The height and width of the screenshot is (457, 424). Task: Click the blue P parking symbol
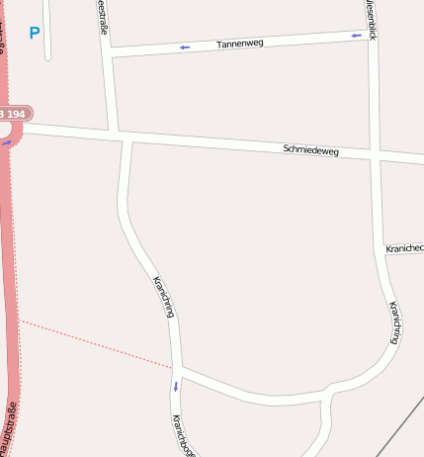click(x=35, y=33)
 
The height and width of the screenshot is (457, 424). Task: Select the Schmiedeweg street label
click(x=310, y=150)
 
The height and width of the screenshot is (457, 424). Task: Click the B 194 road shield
click(x=13, y=114)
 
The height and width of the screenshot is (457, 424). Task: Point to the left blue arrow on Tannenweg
click(x=184, y=46)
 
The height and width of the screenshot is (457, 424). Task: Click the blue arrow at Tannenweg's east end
click(x=356, y=35)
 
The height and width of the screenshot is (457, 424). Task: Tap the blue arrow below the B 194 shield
click(x=7, y=142)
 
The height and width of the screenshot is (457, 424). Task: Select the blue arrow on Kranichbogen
click(x=176, y=385)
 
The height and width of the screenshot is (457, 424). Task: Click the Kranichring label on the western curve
click(x=164, y=297)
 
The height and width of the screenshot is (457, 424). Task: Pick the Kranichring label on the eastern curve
click(x=394, y=322)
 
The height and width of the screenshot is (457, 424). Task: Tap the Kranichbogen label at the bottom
click(x=184, y=436)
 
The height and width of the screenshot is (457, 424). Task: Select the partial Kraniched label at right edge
click(x=404, y=247)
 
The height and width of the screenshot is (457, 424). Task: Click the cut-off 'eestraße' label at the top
click(x=103, y=17)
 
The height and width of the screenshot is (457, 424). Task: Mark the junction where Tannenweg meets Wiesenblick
click(x=371, y=34)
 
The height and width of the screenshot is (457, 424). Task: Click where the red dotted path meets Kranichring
click(x=174, y=367)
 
